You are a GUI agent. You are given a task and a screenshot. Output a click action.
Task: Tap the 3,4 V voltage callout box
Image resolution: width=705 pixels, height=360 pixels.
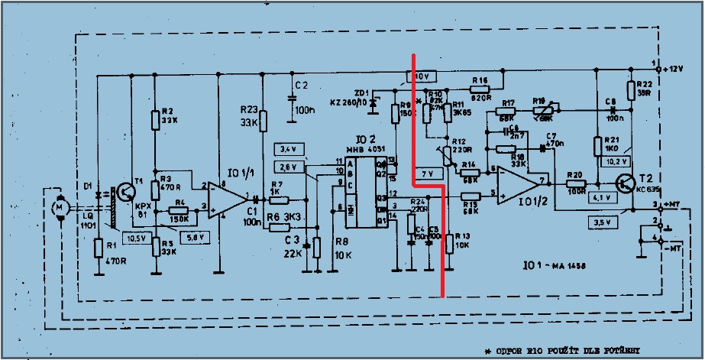coord(288,147)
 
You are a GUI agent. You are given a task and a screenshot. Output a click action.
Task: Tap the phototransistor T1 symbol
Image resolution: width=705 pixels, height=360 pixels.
coord(124,194)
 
